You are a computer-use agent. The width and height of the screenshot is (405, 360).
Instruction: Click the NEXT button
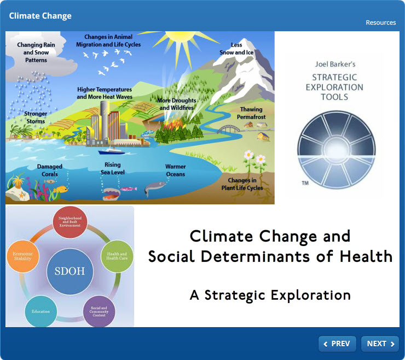380,344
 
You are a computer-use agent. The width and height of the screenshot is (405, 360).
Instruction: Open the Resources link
381,22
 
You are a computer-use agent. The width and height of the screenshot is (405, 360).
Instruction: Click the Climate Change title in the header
40,16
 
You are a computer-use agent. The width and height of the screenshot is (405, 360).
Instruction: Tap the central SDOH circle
70,271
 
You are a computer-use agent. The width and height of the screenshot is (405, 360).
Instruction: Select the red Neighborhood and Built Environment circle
70,222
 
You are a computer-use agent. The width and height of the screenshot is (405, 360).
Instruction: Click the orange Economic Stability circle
23,256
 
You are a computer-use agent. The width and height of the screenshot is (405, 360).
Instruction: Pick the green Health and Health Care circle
117,256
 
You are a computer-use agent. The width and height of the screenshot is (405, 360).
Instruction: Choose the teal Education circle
41,311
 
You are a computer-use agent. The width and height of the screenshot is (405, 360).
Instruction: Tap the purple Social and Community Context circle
99,311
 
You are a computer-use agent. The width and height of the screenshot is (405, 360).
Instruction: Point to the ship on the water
112,151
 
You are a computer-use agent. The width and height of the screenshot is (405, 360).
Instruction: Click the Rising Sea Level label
113,168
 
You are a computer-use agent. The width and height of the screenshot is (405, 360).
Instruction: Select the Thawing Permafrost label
251,113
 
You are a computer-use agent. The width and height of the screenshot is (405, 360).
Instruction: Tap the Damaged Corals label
50,170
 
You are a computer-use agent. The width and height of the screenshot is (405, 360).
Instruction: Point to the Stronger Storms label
36,117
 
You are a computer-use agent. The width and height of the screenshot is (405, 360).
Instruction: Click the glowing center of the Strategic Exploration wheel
337,149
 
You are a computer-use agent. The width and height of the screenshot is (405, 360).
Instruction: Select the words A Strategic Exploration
270,295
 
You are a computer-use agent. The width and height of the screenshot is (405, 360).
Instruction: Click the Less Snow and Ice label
236,49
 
